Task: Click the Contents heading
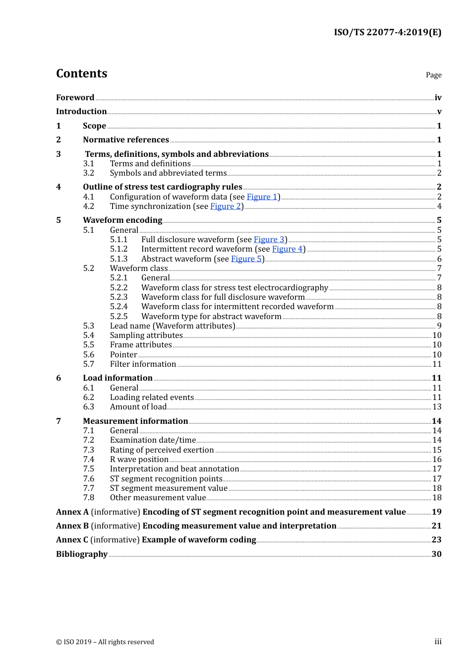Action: (x=81, y=73)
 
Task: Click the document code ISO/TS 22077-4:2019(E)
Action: (x=387, y=32)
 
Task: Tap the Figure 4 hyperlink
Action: (x=287, y=249)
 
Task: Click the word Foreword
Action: (x=75, y=98)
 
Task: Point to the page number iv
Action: (x=438, y=98)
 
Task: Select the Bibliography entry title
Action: (x=82, y=554)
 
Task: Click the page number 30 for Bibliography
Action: (x=436, y=554)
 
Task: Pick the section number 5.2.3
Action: (x=118, y=297)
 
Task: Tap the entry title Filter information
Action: (x=143, y=364)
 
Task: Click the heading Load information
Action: (x=118, y=378)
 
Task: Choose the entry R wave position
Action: (x=139, y=460)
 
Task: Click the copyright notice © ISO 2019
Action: (x=105, y=642)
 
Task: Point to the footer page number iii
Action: (x=438, y=642)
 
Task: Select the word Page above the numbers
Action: (x=433, y=75)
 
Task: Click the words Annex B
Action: (x=72, y=526)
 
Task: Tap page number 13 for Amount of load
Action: (x=437, y=407)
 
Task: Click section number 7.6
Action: (x=88, y=479)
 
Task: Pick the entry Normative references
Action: (x=126, y=140)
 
